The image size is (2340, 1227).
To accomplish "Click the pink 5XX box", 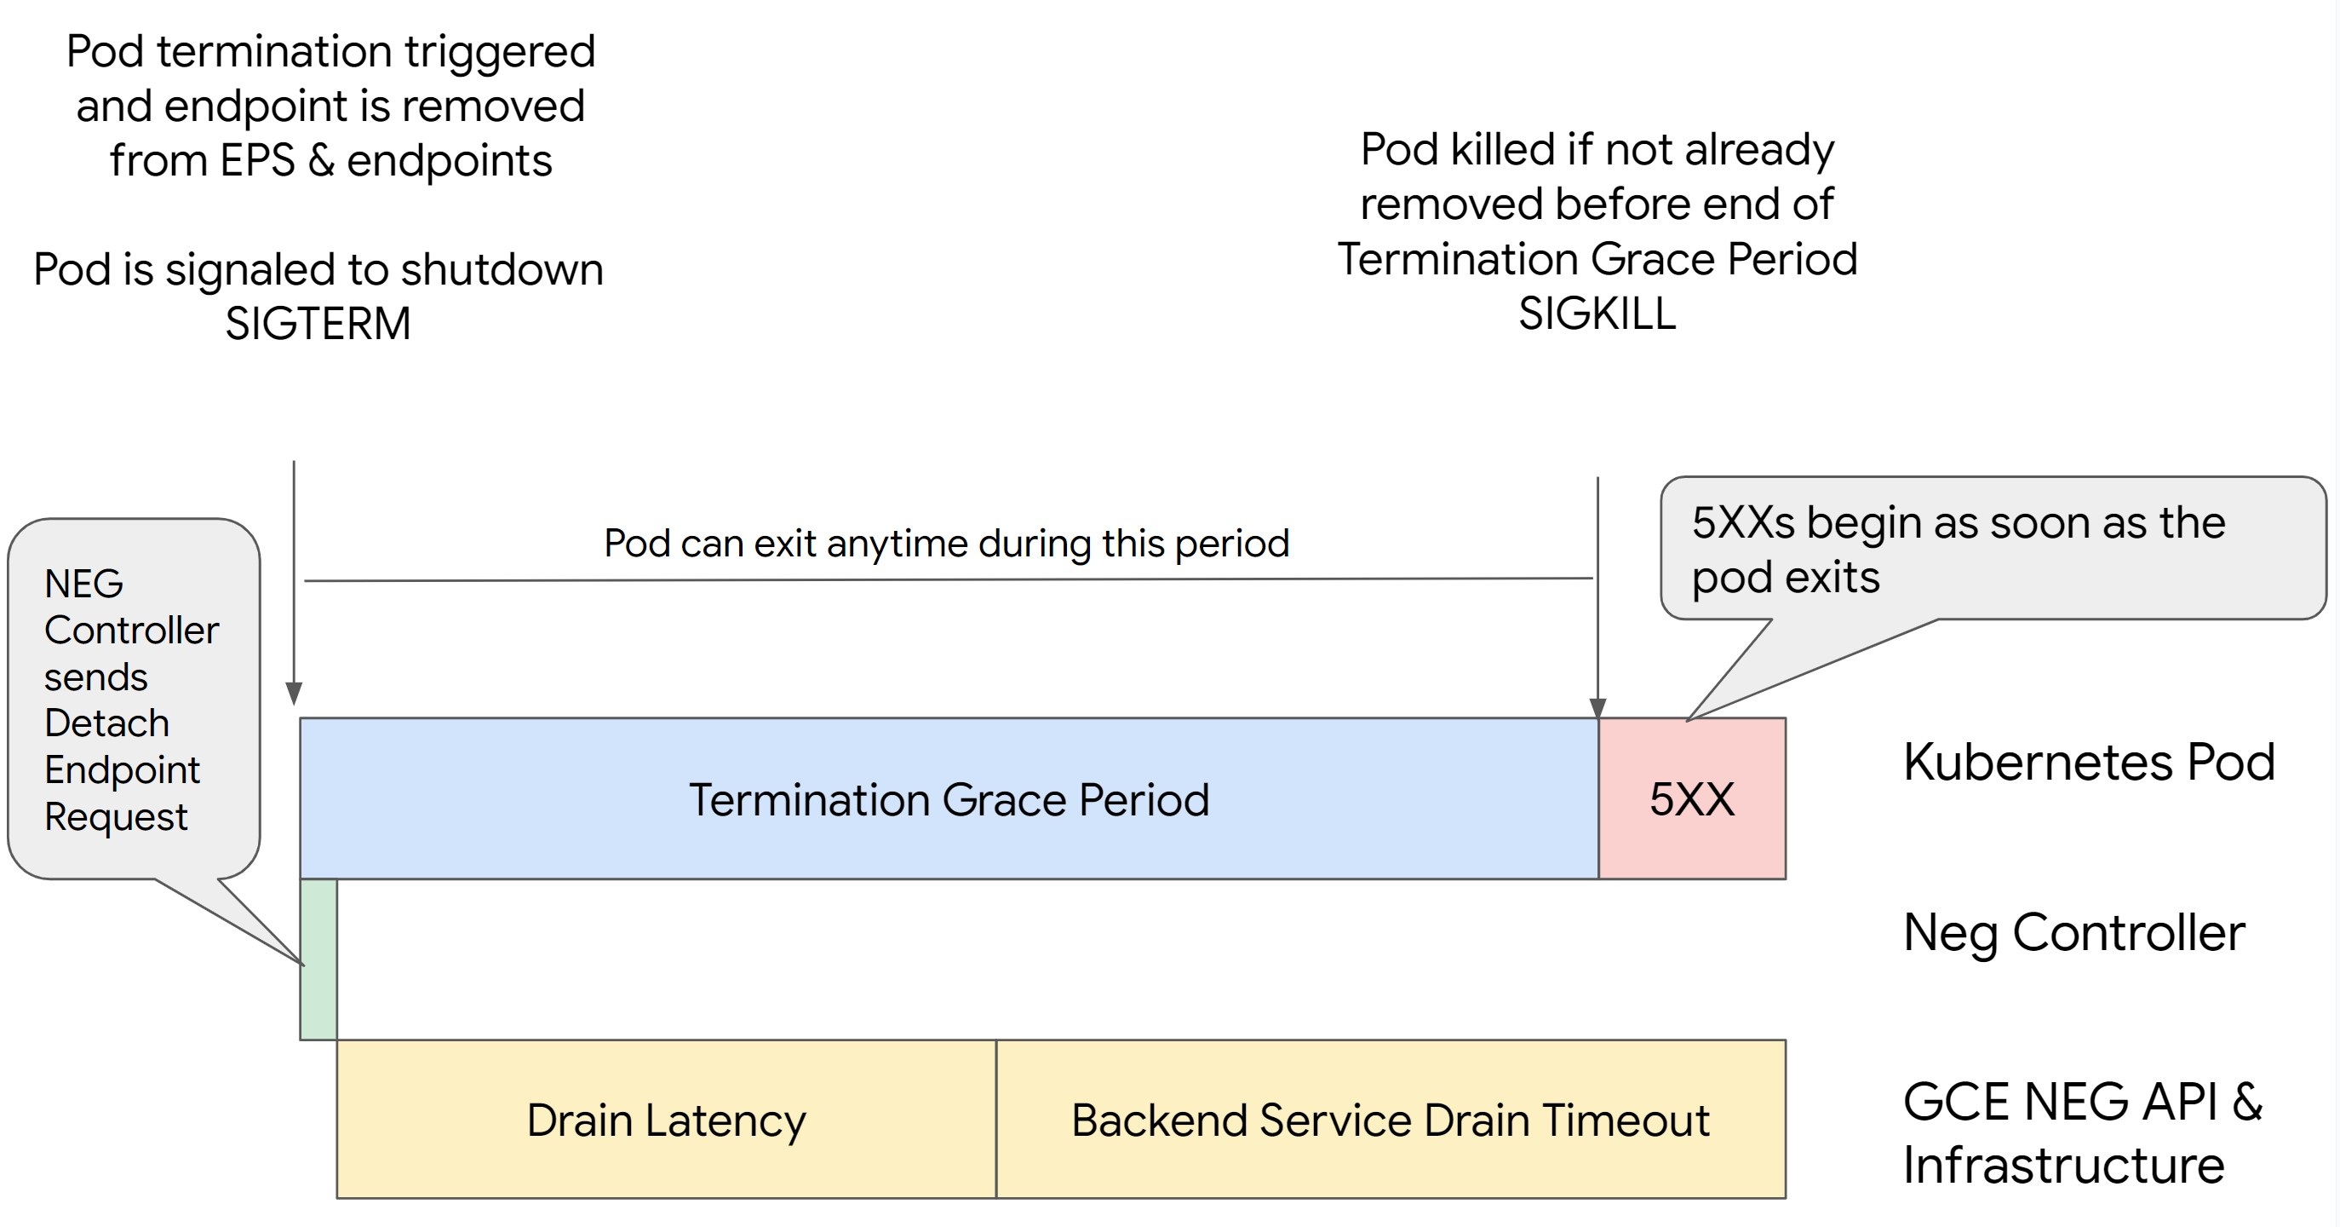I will click(1691, 798).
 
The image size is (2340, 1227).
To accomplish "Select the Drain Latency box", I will click(666, 1119).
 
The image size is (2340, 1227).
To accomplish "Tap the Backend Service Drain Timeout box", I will click(1390, 1119).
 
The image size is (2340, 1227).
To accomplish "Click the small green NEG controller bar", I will click(318, 959).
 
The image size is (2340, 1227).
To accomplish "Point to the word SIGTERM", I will click(318, 324).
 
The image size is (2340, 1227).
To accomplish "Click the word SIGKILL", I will click(1597, 314).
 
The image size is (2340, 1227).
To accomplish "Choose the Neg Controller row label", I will click(2073, 932).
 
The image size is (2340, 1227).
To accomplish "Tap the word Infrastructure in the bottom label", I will click(2063, 1165).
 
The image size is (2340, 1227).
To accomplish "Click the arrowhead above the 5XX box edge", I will click(1597, 708).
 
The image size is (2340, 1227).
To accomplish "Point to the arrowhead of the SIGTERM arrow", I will click(294, 694).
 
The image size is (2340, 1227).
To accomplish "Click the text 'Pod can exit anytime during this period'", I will click(946, 544).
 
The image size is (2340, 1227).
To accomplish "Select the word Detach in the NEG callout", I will click(106, 723).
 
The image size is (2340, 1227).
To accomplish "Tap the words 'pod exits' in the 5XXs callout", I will click(1785, 577).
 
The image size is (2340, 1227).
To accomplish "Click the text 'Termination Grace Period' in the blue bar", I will click(949, 800).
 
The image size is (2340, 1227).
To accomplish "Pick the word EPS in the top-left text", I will click(257, 161).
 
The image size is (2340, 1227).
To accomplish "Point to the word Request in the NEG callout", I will click(115, 817).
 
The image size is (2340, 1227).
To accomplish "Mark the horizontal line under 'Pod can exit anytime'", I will click(948, 579).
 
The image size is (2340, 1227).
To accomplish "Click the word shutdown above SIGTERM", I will click(502, 270).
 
